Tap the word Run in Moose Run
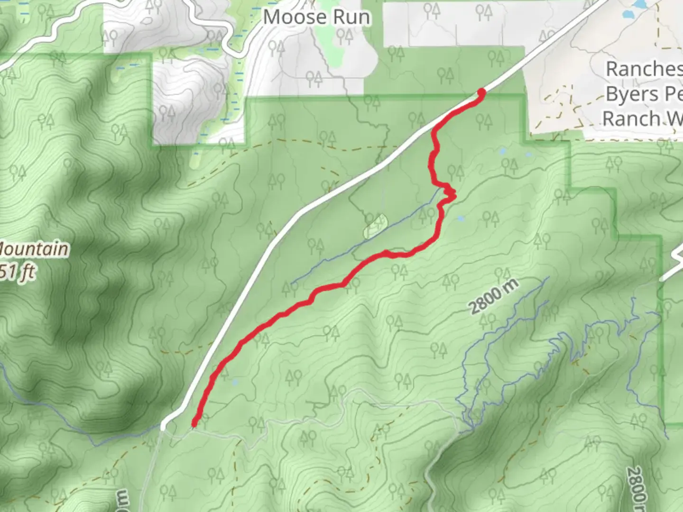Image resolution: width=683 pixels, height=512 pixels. (x=351, y=18)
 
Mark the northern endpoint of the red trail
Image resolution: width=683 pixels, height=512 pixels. (x=481, y=92)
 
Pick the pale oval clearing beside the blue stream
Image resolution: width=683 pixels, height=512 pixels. (x=375, y=227)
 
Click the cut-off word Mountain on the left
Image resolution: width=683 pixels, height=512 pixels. (x=33, y=249)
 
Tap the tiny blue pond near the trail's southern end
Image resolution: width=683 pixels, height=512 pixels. (x=234, y=381)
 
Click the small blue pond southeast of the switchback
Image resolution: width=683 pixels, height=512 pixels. (x=460, y=219)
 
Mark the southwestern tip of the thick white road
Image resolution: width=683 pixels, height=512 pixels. (x=164, y=427)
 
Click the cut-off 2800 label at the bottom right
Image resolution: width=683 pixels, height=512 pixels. (x=636, y=488)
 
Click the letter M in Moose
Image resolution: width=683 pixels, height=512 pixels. (x=272, y=18)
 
